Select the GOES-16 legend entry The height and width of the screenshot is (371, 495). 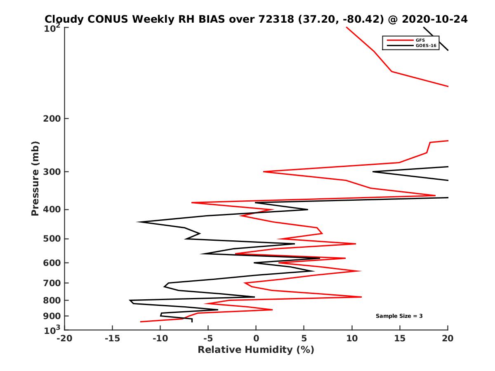(425, 46)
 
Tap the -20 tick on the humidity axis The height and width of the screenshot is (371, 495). (64, 338)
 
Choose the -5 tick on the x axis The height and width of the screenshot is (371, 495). (208, 338)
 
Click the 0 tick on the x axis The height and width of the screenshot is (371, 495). (256, 338)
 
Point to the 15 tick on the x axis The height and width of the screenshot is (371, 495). (400, 338)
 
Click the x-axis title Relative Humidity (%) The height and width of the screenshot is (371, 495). (256, 350)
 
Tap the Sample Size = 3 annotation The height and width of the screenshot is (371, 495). (399, 316)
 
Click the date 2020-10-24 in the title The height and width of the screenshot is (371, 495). (434, 19)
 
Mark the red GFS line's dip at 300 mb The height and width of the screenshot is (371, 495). (264, 171)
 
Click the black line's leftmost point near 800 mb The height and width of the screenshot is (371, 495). (130, 300)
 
